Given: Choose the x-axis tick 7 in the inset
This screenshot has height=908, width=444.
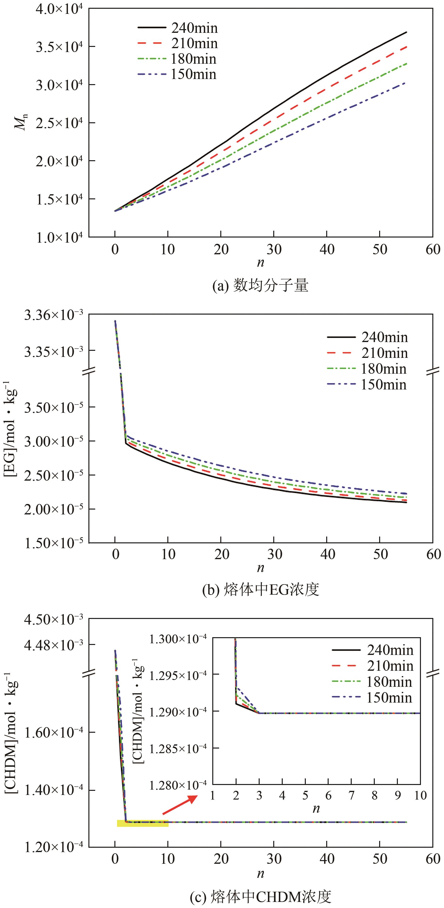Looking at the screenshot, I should tap(351, 785).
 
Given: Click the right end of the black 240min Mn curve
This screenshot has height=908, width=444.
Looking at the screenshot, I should tap(406, 32).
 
